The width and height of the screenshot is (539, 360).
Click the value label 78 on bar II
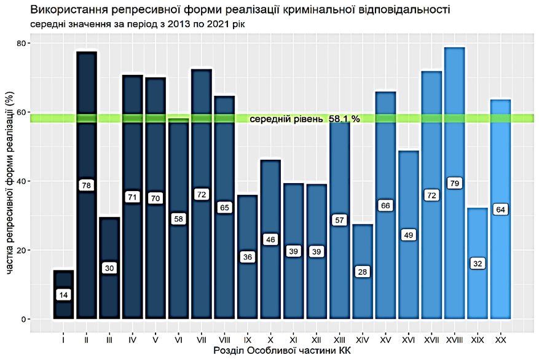tap(87, 185)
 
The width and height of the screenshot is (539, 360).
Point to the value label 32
tap(478, 264)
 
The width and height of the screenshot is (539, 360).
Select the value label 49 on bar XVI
tap(409, 235)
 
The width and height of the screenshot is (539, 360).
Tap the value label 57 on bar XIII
tap(339, 220)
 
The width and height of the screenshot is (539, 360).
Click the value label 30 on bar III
tap(109, 268)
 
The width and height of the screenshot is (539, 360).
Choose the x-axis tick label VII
tap(201, 338)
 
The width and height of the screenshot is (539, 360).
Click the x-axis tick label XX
tap(500, 338)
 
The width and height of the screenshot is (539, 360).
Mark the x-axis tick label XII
tap(316, 338)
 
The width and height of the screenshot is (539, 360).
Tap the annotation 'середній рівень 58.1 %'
tap(304, 119)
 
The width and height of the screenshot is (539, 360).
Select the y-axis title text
tap(10, 182)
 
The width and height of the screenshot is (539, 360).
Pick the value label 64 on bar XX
tap(500, 210)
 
